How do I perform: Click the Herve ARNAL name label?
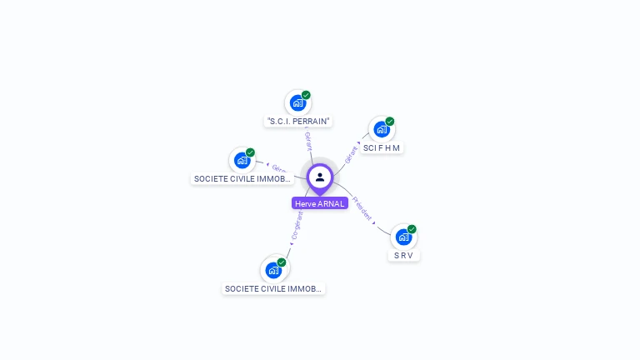coord(320,203)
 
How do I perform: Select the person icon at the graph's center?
coord(320,177)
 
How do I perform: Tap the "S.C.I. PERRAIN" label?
coord(298,121)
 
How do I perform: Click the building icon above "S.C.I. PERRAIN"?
coord(297,103)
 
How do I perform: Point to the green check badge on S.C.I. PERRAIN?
coord(306,95)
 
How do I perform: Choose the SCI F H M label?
coord(382,147)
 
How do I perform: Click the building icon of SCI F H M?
coord(382,129)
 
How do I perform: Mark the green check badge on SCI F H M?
coord(390,122)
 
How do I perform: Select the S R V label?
coord(403,255)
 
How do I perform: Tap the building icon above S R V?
coord(403,237)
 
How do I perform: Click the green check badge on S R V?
coord(412,229)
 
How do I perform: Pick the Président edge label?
coord(362,207)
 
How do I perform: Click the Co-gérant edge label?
coord(297,225)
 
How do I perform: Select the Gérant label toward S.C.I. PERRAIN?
coord(308,141)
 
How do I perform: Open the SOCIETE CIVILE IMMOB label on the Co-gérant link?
coord(273,288)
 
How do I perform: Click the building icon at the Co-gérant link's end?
coord(272,270)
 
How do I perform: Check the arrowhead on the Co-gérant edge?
coord(291,243)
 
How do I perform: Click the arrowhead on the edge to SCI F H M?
coord(360,143)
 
